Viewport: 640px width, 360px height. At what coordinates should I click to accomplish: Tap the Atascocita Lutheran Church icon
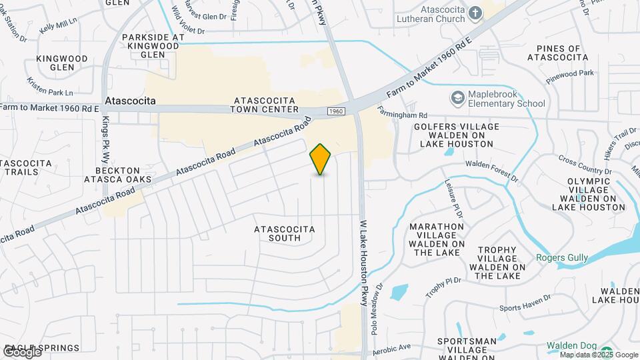[x=475, y=13]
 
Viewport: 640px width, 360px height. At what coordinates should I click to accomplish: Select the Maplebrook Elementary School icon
[x=457, y=99]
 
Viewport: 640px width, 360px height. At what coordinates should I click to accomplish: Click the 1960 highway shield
[x=336, y=111]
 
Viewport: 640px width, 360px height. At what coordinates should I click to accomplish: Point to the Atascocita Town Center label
[x=265, y=105]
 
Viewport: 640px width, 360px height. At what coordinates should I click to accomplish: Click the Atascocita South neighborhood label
[x=285, y=233]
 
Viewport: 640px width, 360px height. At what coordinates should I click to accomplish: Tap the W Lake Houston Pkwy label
[x=364, y=263]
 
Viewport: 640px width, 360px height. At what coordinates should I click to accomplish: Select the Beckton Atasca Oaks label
[x=118, y=175]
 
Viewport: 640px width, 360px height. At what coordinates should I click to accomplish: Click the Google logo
[x=22, y=351]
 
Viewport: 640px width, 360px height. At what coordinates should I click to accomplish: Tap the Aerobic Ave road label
[x=391, y=347]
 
